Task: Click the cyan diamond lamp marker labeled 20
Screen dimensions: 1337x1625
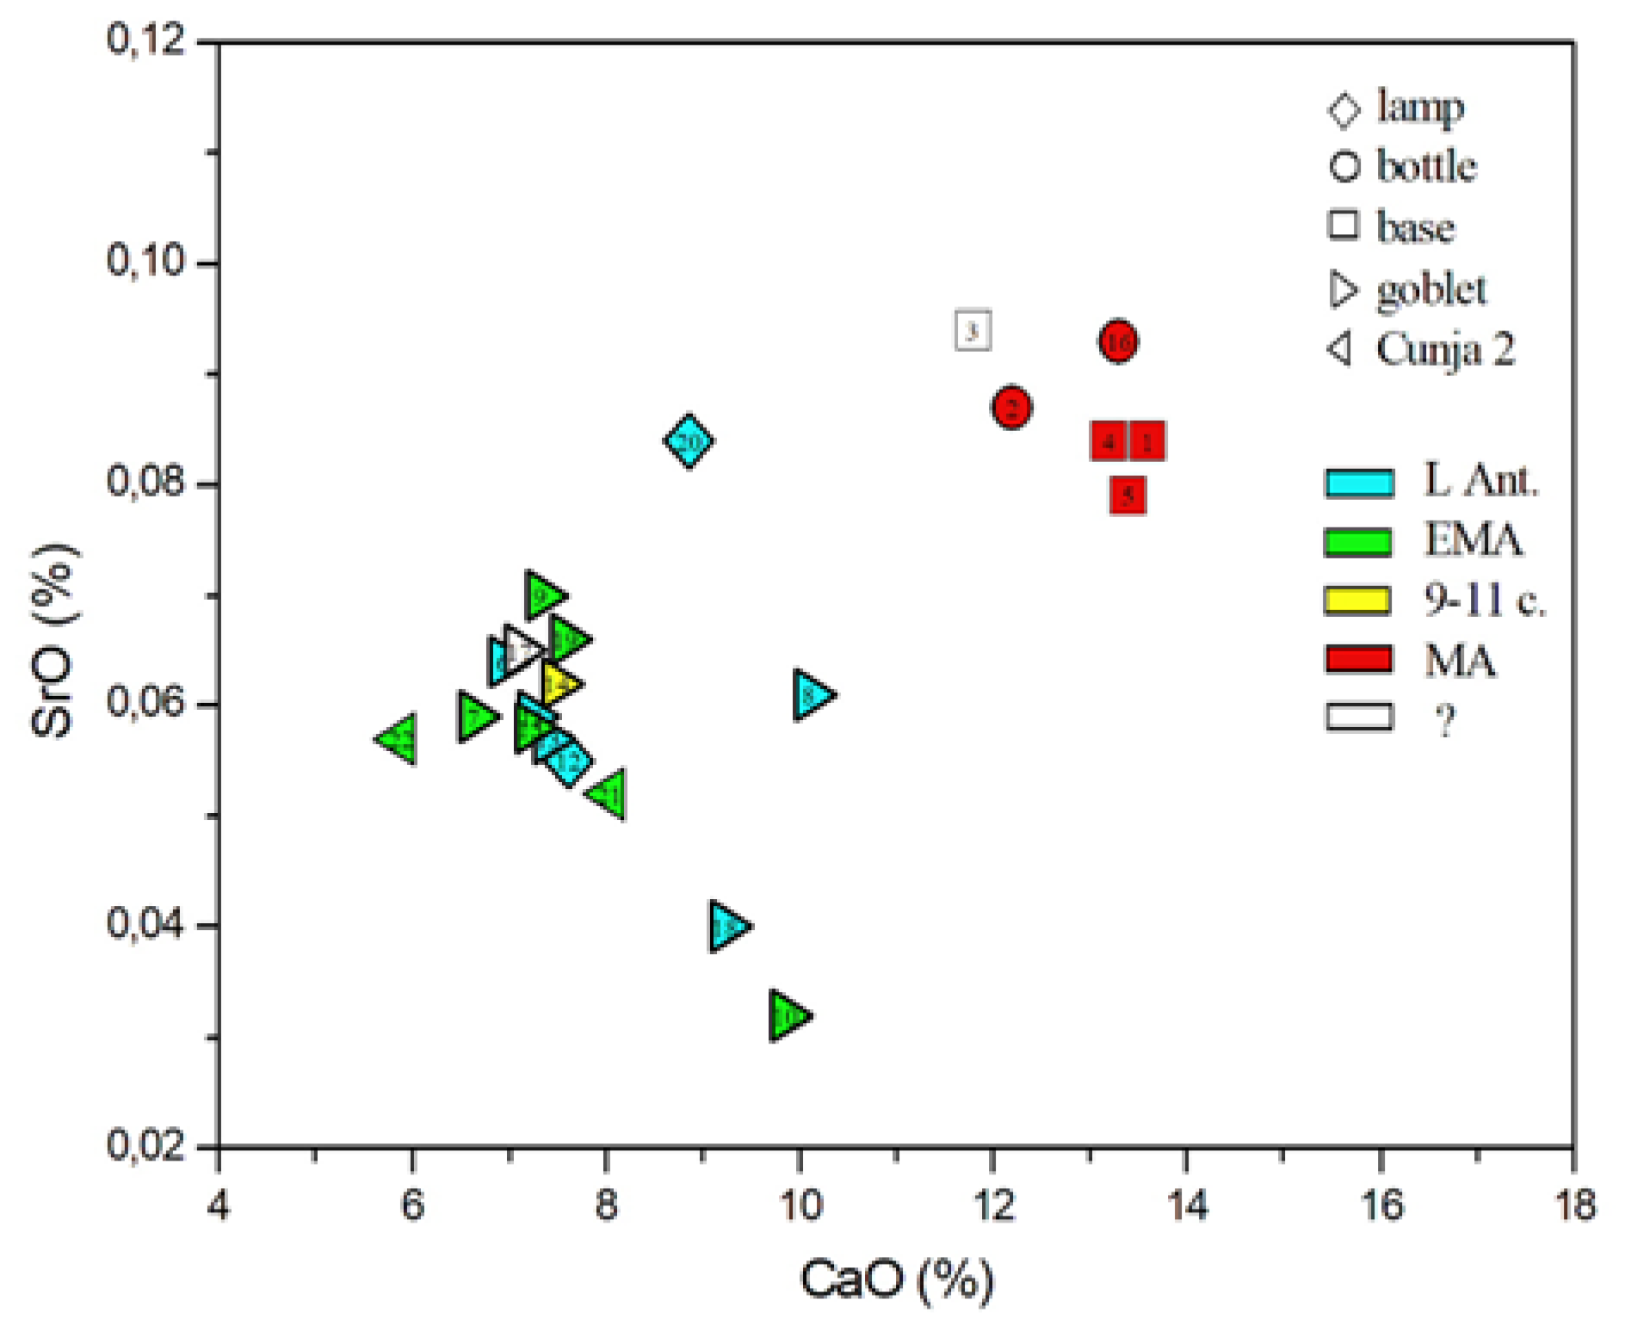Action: pyautogui.click(x=688, y=441)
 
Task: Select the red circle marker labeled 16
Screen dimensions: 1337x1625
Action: pyautogui.click(x=1117, y=342)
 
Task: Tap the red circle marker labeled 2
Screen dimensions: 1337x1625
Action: pyautogui.click(x=1011, y=407)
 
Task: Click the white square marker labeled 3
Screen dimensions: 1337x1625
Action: pyautogui.click(x=973, y=330)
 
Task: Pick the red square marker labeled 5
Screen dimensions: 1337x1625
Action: pyautogui.click(x=1128, y=495)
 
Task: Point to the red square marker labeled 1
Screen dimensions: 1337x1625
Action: pyautogui.click(x=1147, y=441)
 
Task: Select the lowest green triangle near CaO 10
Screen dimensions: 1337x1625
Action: pyautogui.click(x=787, y=1016)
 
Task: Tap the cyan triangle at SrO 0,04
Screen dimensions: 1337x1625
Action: pyautogui.click(x=727, y=927)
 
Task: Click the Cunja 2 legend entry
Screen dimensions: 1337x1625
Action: pyautogui.click(x=1420, y=349)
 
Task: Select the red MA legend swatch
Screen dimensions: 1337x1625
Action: pyautogui.click(x=1358, y=659)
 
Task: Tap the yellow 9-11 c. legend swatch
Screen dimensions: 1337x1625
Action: pyautogui.click(x=1358, y=600)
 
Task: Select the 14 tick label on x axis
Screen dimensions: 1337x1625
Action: pyautogui.click(x=1187, y=1205)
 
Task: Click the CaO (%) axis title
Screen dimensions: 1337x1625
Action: pyautogui.click(x=896, y=1279)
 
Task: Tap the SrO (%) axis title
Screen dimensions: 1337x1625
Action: pyautogui.click(x=53, y=641)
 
